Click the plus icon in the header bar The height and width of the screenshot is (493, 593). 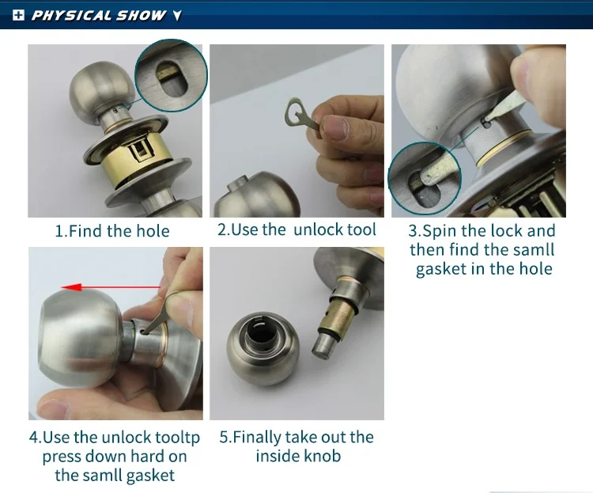click(x=18, y=15)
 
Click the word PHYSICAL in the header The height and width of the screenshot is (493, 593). click(x=72, y=15)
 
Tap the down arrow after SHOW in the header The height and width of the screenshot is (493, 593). click(x=177, y=16)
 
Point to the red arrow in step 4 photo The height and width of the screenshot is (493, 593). click(x=111, y=287)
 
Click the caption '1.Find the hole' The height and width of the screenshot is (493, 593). click(x=112, y=231)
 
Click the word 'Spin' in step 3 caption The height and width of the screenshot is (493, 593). click(x=440, y=231)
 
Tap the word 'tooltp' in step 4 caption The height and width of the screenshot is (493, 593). click(x=178, y=438)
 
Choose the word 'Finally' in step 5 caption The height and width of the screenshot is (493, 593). click(x=256, y=438)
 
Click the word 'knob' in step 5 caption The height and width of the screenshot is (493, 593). click(x=324, y=456)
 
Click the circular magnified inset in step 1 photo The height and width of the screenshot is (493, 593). click(x=171, y=75)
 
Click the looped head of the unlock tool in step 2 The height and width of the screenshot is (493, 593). click(x=295, y=112)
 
